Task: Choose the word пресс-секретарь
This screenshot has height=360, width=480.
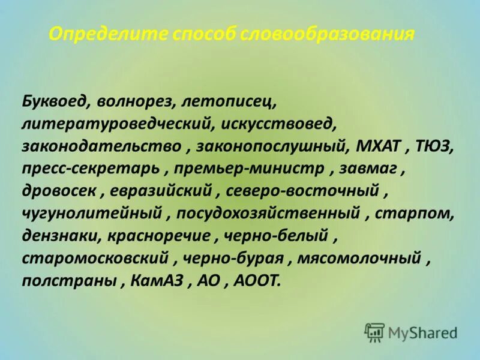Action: click(x=91, y=168)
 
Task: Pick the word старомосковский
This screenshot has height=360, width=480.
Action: click(x=97, y=257)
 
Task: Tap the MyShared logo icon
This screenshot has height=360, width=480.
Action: click(x=374, y=331)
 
